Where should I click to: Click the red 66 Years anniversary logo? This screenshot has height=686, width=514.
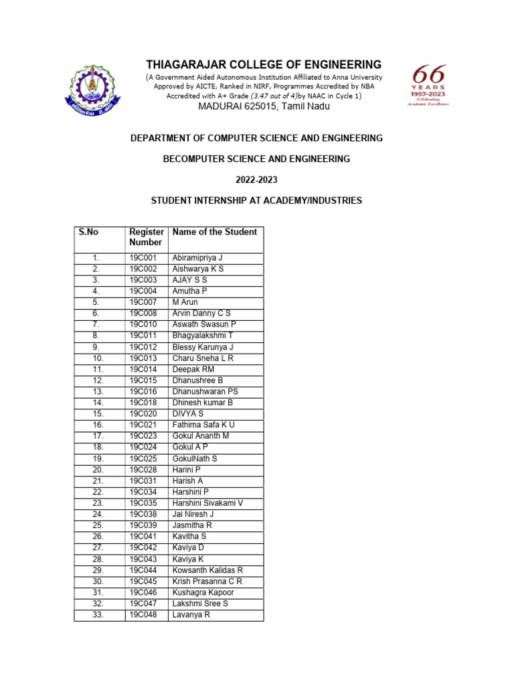(x=428, y=85)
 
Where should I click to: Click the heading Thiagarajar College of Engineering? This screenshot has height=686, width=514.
(x=264, y=65)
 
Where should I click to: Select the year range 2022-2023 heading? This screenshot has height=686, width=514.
(x=256, y=180)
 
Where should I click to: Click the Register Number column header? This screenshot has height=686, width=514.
(x=146, y=237)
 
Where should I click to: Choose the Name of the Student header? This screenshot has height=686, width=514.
(x=214, y=232)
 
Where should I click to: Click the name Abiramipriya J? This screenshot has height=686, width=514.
(x=197, y=258)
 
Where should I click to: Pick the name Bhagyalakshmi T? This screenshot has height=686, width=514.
(x=203, y=336)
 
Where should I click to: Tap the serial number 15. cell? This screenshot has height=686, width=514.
(x=98, y=414)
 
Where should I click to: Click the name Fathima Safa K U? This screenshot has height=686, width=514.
(x=203, y=425)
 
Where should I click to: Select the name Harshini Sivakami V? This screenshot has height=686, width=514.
(x=207, y=503)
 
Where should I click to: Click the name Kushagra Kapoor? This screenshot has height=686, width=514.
(x=203, y=592)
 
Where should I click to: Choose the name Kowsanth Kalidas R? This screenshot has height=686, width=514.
(x=207, y=570)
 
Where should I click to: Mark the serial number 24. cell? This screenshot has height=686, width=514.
(x=98, y=514)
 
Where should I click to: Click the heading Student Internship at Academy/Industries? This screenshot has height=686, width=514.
(x=256, y=201)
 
